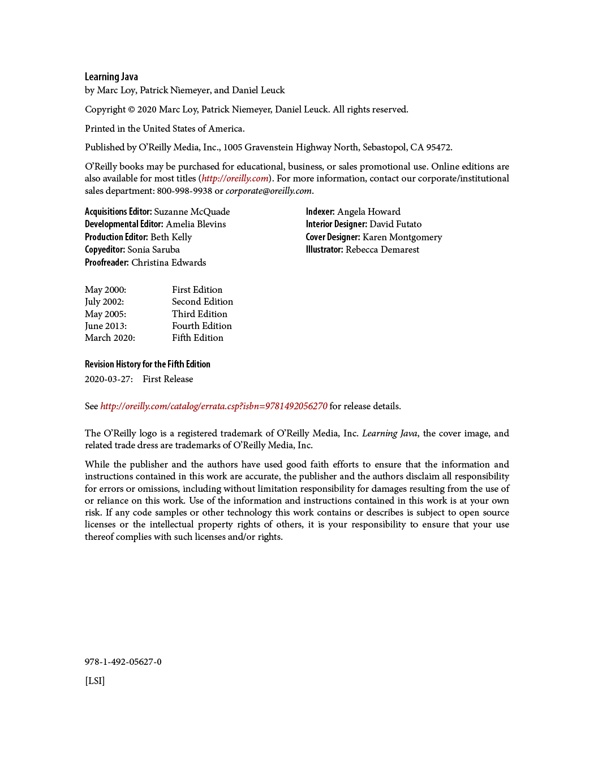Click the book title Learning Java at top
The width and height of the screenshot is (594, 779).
(111, 77)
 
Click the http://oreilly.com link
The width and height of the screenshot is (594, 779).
(235, 179)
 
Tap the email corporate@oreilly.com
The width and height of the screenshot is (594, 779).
(269, 191)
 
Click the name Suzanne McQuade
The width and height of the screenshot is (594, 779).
(192, 212)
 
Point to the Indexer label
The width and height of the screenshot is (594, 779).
(320, 212)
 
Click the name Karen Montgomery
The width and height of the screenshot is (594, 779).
(402, 237)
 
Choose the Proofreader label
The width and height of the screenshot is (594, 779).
(107, 263)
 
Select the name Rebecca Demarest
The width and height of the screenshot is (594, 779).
(382, 250)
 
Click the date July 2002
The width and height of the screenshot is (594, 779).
(104, 302)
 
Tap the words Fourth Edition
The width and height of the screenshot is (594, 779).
(202, 326)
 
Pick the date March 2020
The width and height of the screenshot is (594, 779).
(110, 338)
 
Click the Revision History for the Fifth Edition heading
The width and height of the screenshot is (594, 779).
(148, 365)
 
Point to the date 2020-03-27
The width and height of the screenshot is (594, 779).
(109, 379)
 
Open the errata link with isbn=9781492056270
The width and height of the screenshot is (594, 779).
(214, 406)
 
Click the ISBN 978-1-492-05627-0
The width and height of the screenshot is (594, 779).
(123, 662)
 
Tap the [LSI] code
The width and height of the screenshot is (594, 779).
(95, 681)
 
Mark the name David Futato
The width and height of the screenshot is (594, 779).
(395, 224)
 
